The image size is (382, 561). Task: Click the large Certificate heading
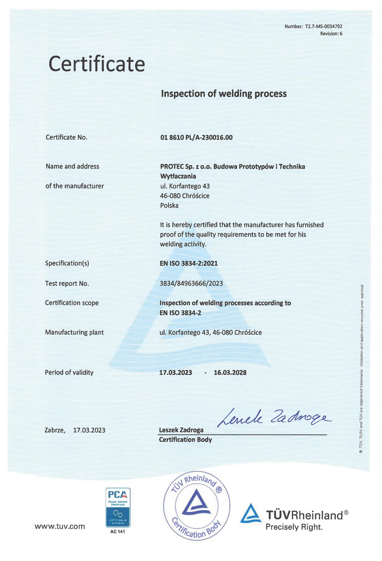pos(97,64)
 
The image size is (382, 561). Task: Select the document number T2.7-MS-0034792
pos(323,27)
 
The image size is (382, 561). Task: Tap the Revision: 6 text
pos(331,34)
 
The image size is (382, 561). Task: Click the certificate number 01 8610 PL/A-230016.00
pos(196,138)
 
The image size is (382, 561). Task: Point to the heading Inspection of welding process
pos(224,94)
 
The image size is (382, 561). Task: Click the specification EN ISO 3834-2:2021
pos(189,263)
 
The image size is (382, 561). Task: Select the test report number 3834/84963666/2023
pos(191,283)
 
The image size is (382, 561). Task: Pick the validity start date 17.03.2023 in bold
pos(176,373)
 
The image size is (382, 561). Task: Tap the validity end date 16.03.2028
pos(230,373)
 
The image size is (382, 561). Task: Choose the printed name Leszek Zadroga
pos(181,430)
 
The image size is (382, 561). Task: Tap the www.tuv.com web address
pos(60,526)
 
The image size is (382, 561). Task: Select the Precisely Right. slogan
pos(294,527)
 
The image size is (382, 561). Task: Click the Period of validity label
pos(69,373)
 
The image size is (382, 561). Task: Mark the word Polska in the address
pos(169,205)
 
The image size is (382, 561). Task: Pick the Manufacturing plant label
pos(74,332)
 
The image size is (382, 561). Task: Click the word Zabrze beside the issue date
pos(55,430)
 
